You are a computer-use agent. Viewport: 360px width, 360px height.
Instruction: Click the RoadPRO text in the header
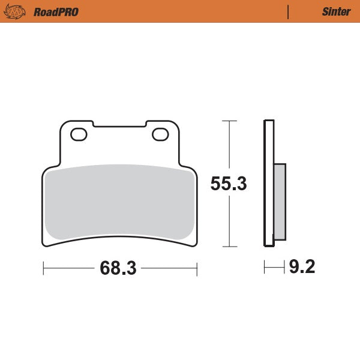pos(56,11)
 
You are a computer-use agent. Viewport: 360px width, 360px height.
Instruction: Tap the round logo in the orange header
pos(18,11)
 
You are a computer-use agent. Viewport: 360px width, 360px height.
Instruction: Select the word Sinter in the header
pos(337,11)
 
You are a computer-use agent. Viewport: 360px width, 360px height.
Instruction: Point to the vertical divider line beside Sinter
pos(289,11)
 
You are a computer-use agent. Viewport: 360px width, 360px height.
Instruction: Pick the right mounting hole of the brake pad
pos(161,134)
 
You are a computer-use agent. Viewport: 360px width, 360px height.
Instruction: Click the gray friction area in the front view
pos(120,201)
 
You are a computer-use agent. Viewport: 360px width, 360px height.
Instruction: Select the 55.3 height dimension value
pos(229,184)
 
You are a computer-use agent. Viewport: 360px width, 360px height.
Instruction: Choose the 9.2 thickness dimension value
pos(302,266)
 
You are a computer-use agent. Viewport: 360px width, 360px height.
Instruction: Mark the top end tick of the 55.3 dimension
pos(226,121)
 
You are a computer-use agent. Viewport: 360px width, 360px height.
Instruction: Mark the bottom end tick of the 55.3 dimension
pos(226,247)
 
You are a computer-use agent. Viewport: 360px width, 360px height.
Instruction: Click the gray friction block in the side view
pos(280,201)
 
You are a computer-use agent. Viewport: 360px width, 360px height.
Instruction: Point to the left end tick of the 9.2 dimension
pos(265,267)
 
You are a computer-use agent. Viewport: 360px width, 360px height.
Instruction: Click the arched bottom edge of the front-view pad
pos(120,236)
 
